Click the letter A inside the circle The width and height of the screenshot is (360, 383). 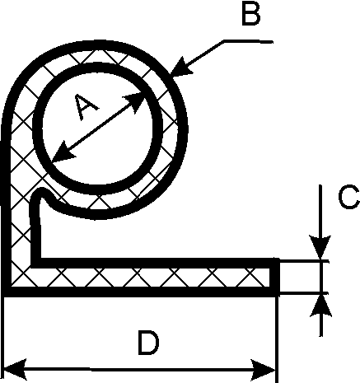86,107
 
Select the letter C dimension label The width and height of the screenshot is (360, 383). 348,197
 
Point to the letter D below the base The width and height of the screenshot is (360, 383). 148,343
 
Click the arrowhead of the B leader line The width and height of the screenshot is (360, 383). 180,67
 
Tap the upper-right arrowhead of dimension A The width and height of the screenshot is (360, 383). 134,101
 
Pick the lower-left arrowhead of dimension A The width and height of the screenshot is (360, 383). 63,152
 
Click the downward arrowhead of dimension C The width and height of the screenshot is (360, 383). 320,246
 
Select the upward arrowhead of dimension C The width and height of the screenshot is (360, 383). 320,306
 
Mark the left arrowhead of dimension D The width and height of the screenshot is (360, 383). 15,369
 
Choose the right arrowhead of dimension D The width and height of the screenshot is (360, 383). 262,369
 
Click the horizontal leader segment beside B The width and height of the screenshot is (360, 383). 248,42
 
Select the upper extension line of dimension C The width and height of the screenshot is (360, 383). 304,261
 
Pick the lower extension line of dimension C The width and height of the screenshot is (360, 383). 304,294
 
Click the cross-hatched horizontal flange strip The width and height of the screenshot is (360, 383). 154,278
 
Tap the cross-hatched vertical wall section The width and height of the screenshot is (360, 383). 20,220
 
